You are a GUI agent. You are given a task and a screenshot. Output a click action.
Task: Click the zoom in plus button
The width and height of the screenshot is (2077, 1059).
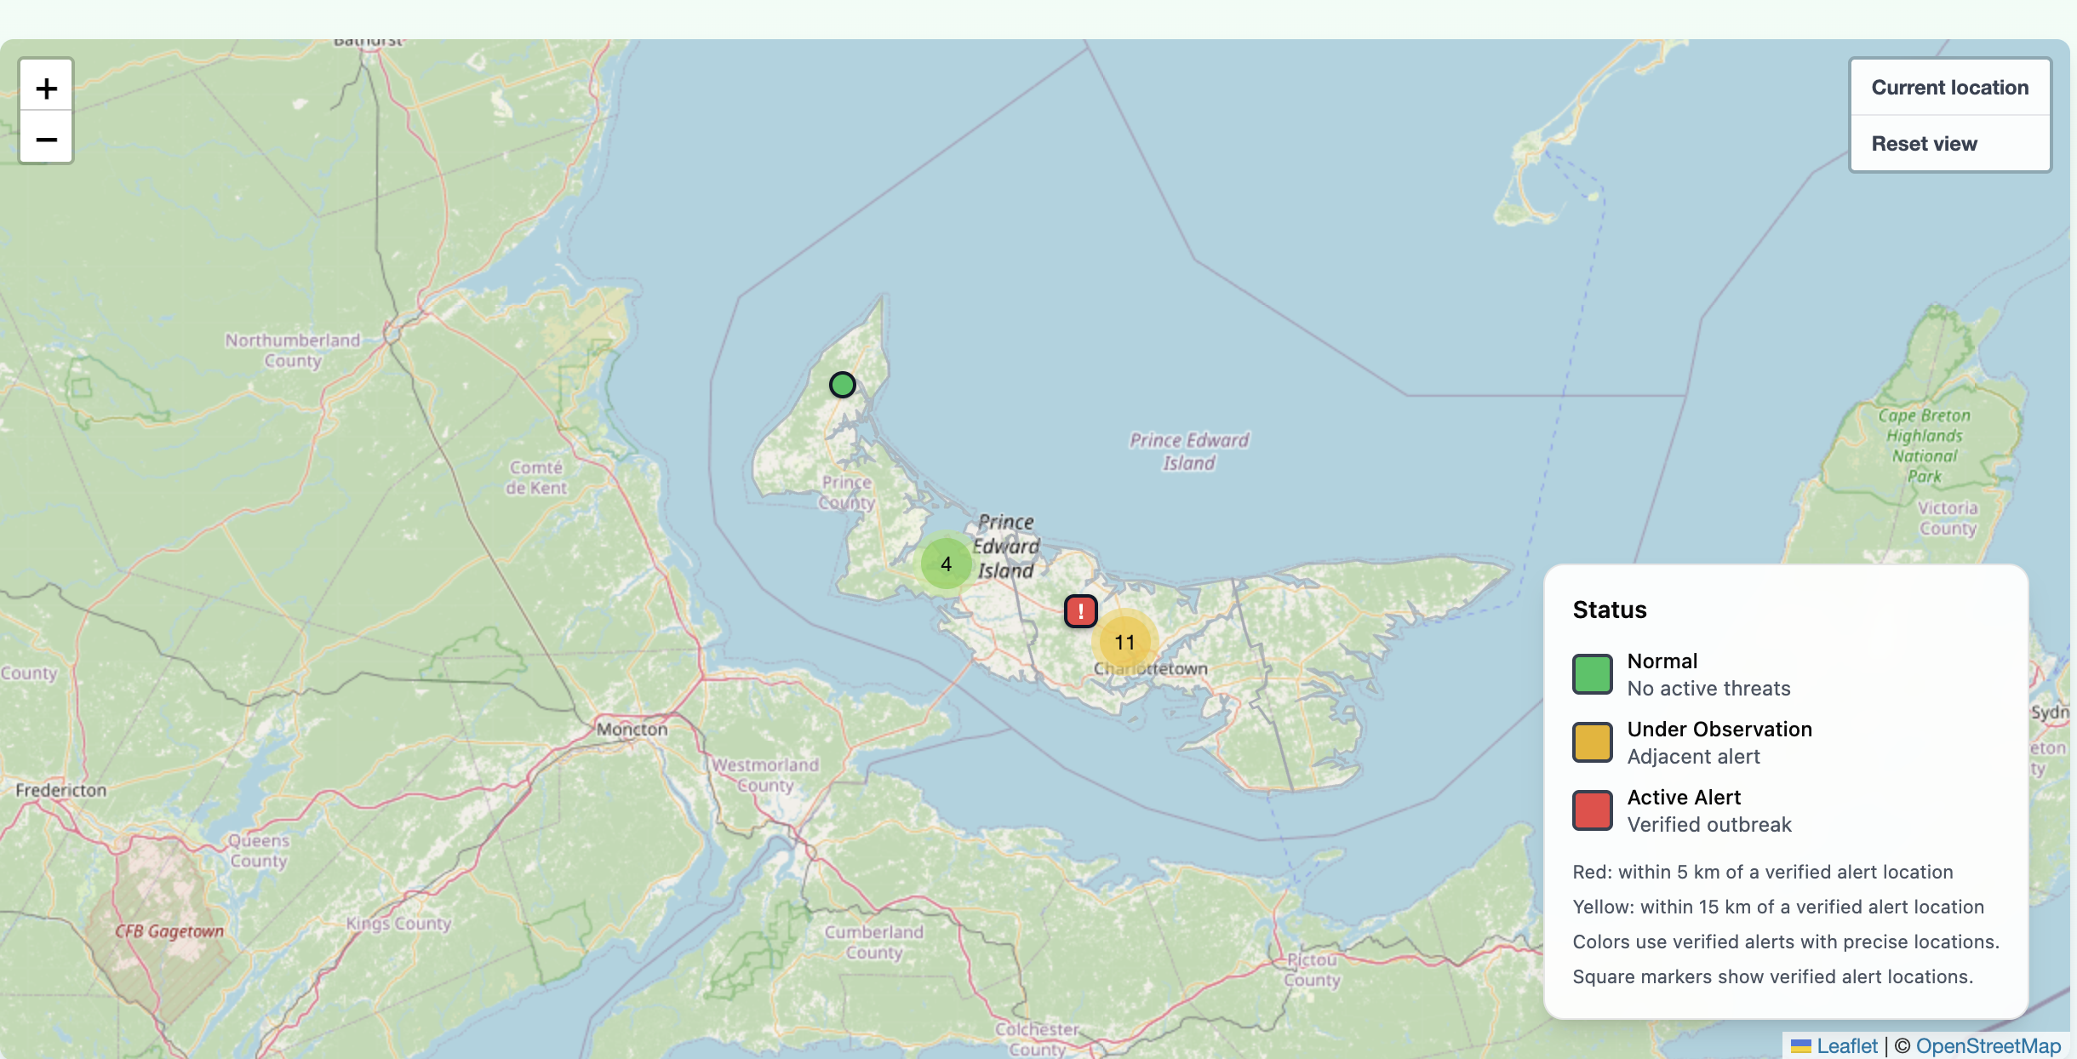(x=47, y=88)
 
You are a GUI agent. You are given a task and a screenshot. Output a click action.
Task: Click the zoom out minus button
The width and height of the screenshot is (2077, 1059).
(x=47, y=139)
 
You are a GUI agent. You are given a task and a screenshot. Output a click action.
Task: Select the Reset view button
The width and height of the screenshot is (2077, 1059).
(x=1924, y=144)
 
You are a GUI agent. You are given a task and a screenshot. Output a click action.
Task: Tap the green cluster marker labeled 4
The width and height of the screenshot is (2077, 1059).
(x=946, y=564)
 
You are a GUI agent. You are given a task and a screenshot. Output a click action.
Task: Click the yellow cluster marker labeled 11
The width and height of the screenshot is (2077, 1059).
(x=1124, y=642)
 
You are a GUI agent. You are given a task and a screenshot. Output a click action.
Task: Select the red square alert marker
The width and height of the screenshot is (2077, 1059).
(x=1080, y=611)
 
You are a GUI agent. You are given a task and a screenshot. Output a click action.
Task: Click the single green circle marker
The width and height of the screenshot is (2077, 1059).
(x=842, y=385)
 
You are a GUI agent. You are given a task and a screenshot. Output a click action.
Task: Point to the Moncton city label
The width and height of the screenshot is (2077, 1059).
(x=632, y=730)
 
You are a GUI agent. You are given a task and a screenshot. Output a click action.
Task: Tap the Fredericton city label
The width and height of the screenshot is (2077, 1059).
(x=61, y=790)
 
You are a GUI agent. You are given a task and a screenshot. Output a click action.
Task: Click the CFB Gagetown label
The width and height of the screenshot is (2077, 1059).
(x=169, y=931)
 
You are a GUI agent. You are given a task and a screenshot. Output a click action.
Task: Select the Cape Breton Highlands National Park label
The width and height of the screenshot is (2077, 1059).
(x=1925, y=445)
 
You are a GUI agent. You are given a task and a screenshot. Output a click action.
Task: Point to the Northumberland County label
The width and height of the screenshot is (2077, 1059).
(x=292, y=350)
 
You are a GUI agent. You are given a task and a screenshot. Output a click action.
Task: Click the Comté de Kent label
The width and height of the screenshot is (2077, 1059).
(x=536, y=478)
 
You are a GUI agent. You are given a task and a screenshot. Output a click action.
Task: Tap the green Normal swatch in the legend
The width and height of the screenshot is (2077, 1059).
(x=1592, y=674)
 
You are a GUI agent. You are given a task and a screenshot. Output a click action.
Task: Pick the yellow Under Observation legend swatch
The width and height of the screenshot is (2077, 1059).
(x=1592, y=742)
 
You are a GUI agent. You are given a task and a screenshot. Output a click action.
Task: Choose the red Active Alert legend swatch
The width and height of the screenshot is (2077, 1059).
(x=1592, y=810)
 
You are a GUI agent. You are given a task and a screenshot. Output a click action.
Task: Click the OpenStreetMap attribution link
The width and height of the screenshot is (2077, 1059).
(x=1988, y=1046)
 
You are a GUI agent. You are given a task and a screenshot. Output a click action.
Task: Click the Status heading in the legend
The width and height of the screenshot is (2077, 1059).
(x=1609, y=610)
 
